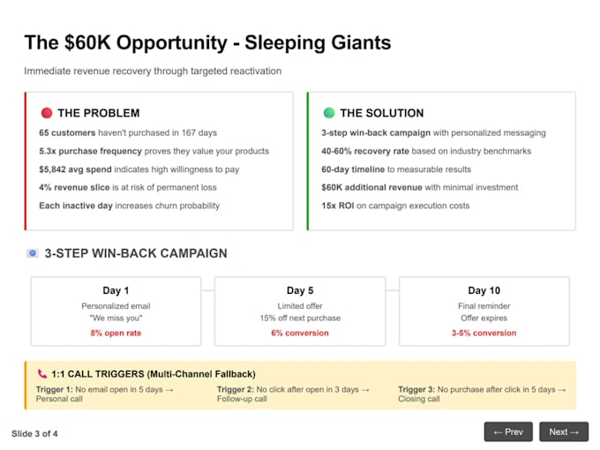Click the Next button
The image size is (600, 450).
pyautogui.click(x=564, y=431)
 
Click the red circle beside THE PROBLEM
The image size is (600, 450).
pyautogui.click(x=47, y=113)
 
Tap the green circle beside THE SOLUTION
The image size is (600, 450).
pyautogui.click(x=329, y=113)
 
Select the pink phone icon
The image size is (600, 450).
pyautogui.click(x=42, y=373)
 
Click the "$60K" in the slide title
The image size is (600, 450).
pyautogui.click(x=87, y=42)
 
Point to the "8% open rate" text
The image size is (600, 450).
pyautogui.click(x=116, y=333)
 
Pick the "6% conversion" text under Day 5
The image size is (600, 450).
pyautogui.click(x=300, y=333)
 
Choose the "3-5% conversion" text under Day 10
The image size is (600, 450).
pyautogui.click(x=484, y=333)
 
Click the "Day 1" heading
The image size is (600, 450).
pyautogui.click(x=116, y=290)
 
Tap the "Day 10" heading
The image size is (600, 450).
pyautogui.click(x=484, y=290)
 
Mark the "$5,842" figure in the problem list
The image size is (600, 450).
pyautogui.click(x=52, y=169)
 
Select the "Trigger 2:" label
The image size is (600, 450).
pyautogui.click(x=236, y=389)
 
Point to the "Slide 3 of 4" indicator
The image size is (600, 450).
pyautogui.click(x=34, y=433)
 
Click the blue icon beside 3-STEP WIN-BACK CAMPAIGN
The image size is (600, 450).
pyautogui.click(x=33, y=253)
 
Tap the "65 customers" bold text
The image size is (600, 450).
pyautogui.click(x=67, y=132)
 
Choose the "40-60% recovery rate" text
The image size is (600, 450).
pyautogui.click(x=365, y=151)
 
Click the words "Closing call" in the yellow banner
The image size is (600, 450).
pyautogui.click(x=419, y=399)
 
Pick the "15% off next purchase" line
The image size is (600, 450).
pyautogui.click(x=300, y=318)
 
